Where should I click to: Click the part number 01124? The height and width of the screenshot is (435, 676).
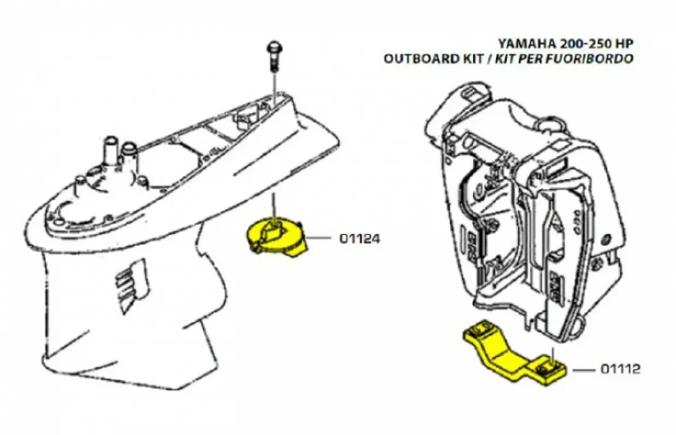[359, 239]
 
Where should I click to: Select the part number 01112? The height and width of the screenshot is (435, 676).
[620, 369]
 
